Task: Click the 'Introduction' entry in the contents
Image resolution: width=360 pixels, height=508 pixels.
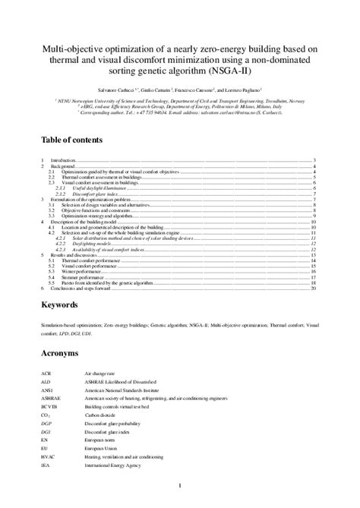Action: tap(63, 161)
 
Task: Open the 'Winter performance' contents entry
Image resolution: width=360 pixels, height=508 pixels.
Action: tap(77, 273)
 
